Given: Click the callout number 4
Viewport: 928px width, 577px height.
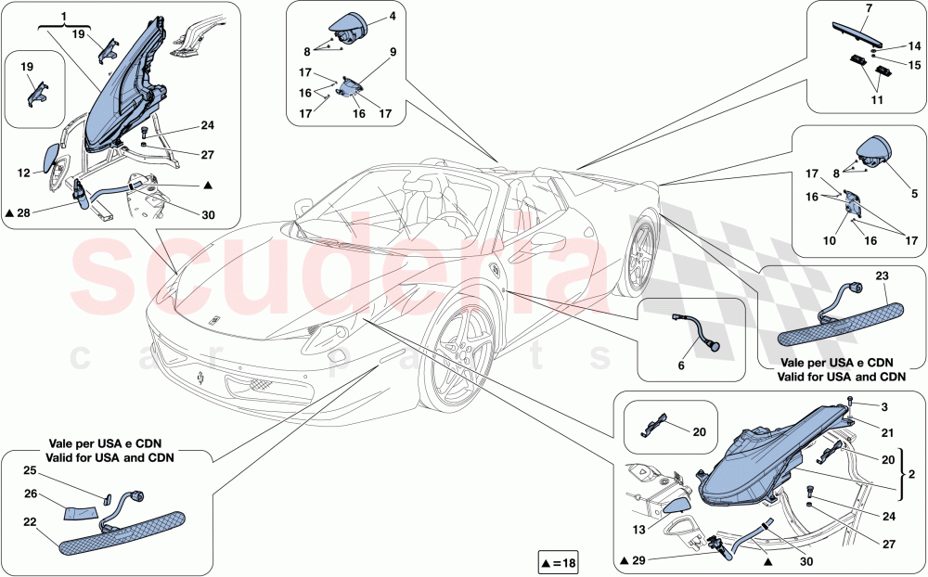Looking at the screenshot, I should pyautogui.click(x=393, y=17).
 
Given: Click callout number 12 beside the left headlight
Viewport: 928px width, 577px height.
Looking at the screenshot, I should pyautogui.click(x=24, y=172).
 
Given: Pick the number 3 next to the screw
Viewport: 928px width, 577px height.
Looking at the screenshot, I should pyautogui.click(x=884, y=406).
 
